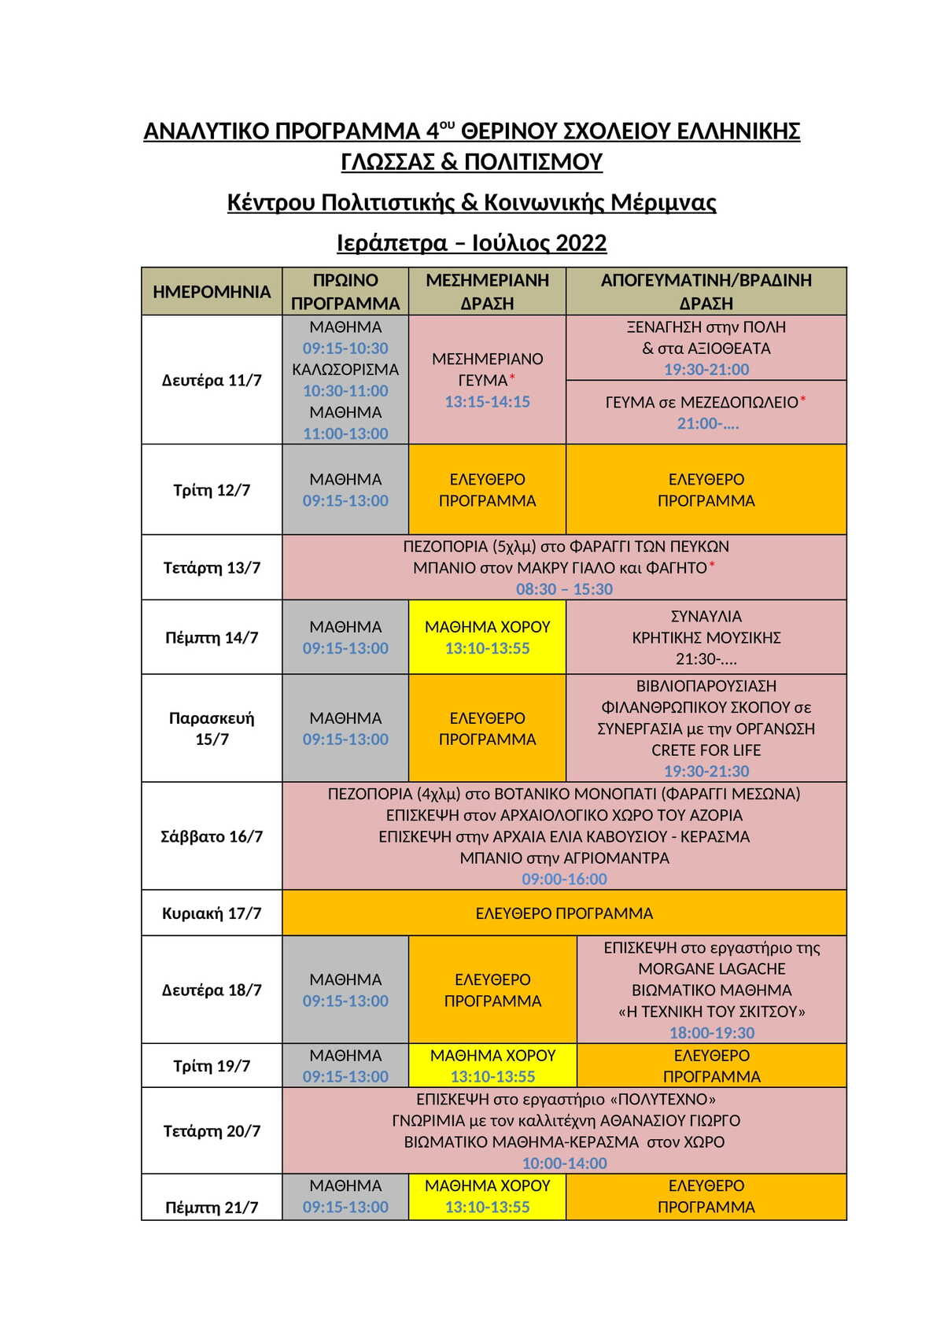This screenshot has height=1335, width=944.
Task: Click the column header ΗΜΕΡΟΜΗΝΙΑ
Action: click(212, 292)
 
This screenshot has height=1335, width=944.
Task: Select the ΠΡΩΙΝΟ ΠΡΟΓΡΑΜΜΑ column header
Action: click(345, 292)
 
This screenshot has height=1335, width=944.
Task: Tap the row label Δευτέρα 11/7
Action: click(212, 381)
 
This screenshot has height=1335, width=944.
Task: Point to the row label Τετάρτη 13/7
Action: click(212, 568)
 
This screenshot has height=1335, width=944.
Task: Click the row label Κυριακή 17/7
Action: click(212, 913)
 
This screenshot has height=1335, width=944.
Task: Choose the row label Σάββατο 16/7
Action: click(212, 836)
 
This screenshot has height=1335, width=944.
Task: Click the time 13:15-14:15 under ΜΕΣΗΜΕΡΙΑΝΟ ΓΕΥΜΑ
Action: click(487, 402)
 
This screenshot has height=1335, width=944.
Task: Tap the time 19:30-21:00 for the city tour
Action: click(706, 370)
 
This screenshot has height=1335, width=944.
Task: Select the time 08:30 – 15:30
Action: click(564, 589)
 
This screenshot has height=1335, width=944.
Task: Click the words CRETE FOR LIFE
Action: click(706, 750)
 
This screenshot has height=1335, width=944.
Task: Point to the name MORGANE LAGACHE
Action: click(711, 969)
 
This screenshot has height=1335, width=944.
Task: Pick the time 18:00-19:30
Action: click(711, 1033)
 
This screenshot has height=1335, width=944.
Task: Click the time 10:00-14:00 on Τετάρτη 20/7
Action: click(564, 1164)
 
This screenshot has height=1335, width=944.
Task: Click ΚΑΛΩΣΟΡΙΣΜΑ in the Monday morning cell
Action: click(345, 370)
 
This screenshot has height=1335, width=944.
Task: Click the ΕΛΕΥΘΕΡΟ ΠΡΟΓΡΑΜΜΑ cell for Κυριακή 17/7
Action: click(564, 913)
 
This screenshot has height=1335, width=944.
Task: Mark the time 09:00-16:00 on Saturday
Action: click(564, 880)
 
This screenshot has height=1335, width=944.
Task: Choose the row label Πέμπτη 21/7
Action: click(212, 1208)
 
